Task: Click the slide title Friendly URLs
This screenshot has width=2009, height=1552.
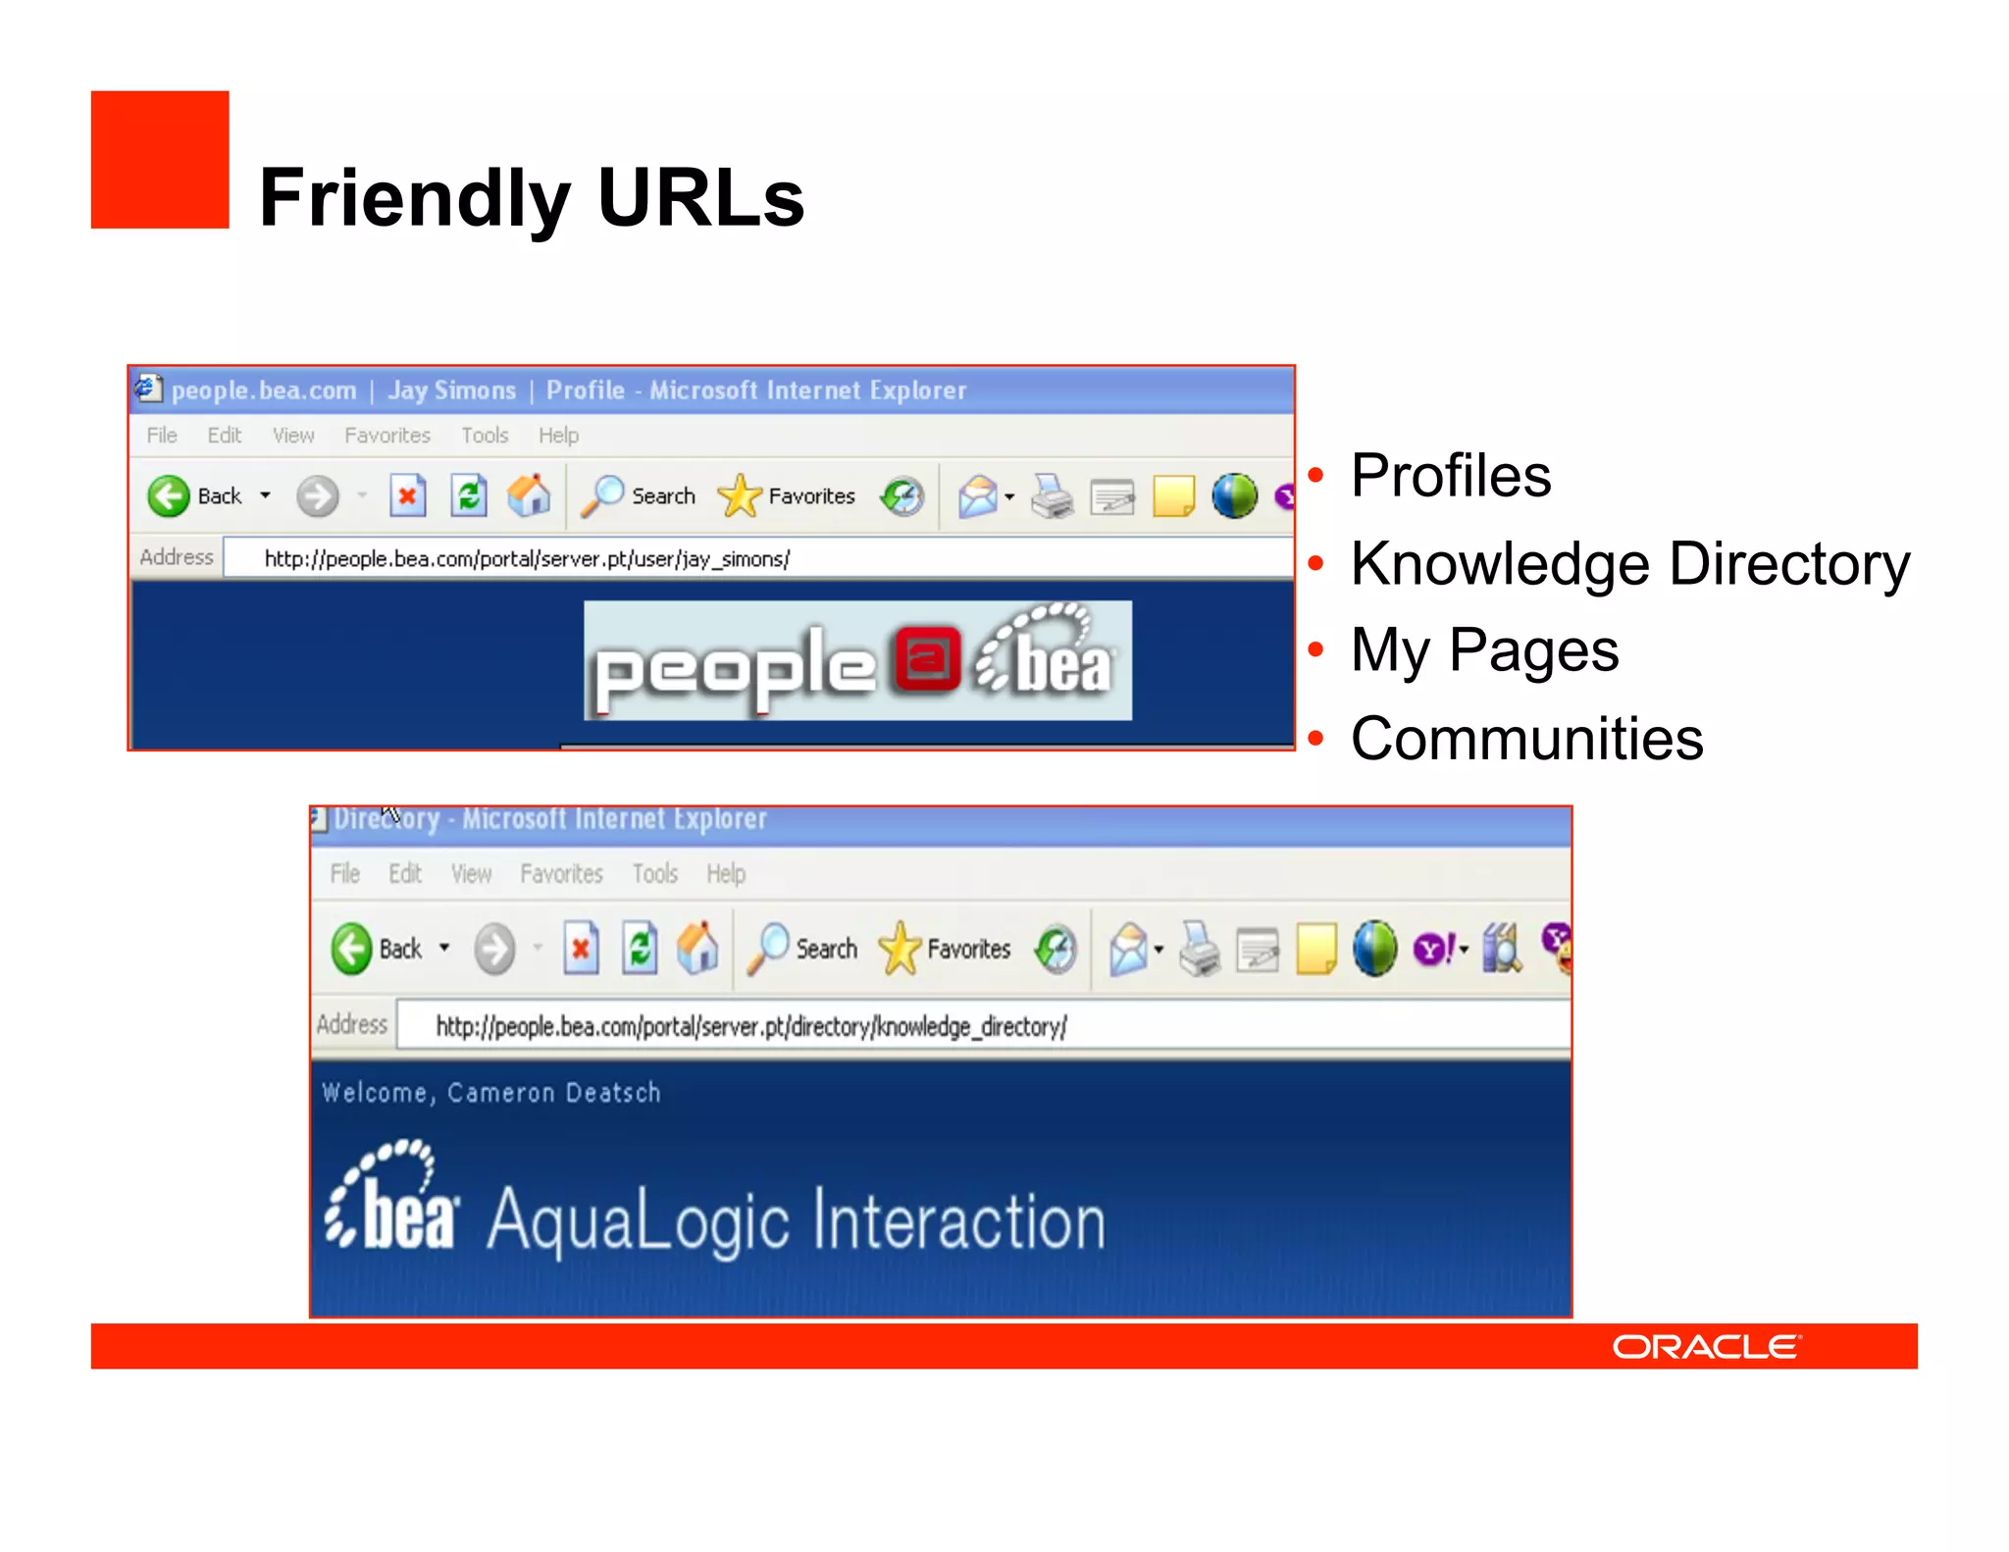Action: coord(531,198)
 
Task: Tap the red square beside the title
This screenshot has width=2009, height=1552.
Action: coord(160,160)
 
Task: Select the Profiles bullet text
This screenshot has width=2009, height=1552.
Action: coord(1450,476)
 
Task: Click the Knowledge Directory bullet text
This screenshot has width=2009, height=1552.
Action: coord(1629,564)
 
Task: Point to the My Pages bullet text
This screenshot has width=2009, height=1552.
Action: coord(1484,650)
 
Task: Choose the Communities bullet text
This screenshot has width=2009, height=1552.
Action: coord(1526,739)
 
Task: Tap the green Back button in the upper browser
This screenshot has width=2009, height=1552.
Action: coord(169,496)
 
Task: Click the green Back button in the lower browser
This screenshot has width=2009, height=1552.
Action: coord(351,949)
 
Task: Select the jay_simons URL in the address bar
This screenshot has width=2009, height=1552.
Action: coord(527,559)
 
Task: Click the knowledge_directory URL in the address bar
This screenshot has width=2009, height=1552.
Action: coord(750,1027)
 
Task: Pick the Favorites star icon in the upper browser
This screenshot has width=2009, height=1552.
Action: coord(739,495)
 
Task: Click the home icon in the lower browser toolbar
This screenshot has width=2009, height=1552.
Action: coord(697,949)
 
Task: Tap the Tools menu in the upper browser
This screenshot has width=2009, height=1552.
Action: coord(485,436)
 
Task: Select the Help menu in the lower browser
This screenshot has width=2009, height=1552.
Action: coord(726,874)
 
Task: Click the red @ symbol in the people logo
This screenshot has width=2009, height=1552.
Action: coord(926,658)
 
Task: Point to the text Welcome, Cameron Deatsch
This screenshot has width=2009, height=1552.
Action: coord(490,1093)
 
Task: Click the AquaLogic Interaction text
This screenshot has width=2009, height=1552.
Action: coord(796,1221)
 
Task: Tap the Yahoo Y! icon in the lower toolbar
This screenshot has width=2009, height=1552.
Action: coord(1434,949)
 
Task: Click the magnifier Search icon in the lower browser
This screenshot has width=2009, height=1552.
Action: coord(768,948)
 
